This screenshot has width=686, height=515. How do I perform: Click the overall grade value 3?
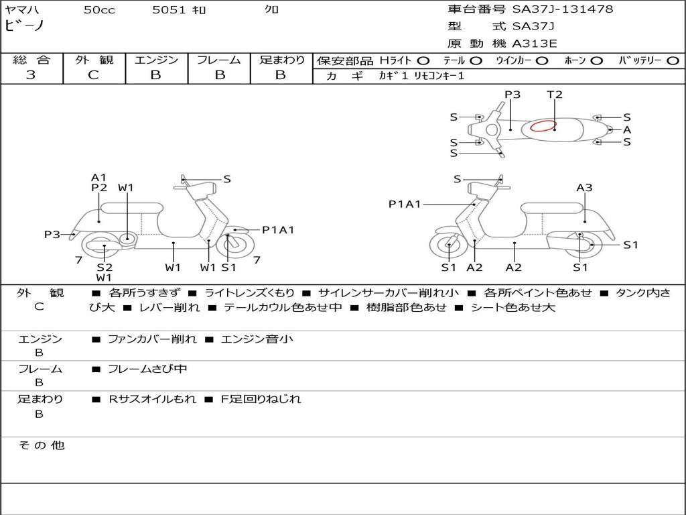31,75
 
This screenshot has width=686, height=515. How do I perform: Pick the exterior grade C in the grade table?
93,75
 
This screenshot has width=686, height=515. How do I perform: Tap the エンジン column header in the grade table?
156,60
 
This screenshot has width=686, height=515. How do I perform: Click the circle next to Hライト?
423,61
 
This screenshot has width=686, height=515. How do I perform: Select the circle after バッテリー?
672,61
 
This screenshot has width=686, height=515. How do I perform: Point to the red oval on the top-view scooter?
543,125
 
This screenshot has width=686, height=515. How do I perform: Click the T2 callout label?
554,95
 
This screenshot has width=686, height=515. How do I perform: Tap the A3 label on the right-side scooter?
584,188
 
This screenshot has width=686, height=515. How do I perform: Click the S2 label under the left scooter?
104,268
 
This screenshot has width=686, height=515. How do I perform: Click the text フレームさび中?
147,369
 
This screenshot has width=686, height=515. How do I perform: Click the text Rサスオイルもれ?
153,399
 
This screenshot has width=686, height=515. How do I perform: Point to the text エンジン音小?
257,339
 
